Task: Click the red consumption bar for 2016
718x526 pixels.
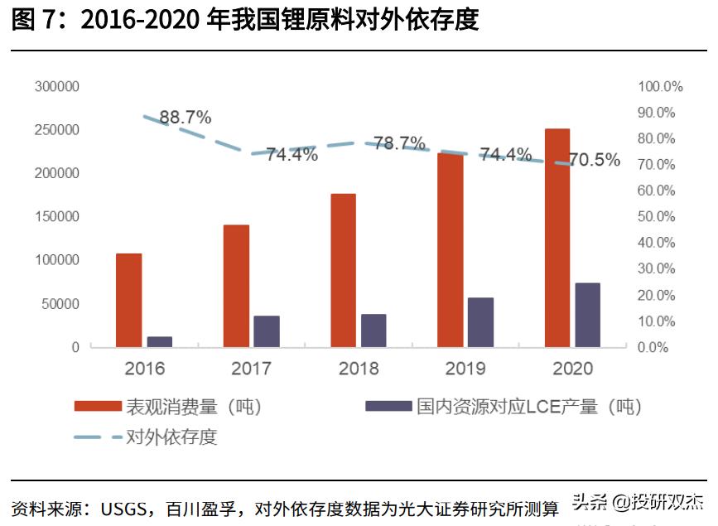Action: coord(128,300)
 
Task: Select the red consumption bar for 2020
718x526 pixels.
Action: coord(557,238)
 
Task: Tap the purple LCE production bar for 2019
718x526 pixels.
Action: coord(480,322)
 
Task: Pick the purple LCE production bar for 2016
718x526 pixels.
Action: coord(160,341)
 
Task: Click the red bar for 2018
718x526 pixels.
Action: coord(343,270)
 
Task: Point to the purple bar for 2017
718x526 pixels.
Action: coord(267,331)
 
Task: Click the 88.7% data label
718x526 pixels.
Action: coord(186,117)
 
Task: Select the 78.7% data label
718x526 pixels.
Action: coord(399,143)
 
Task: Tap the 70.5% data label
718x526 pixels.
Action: coord(595,161)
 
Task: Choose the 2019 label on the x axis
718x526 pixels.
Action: coord(465,369)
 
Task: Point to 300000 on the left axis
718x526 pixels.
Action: coord(57,87)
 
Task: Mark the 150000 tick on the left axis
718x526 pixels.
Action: coord(57,217)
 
